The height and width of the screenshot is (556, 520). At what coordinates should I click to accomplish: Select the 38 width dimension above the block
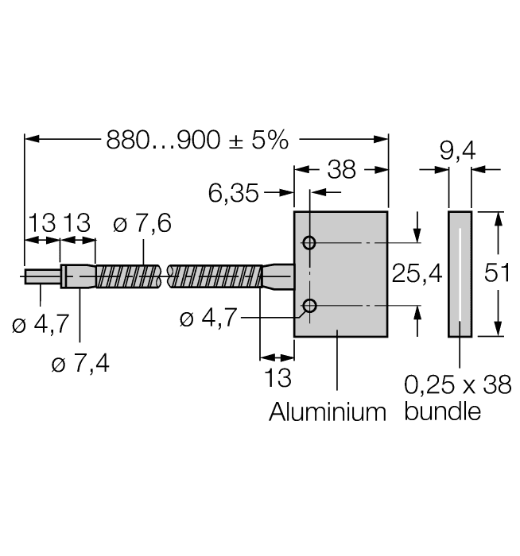(341, 169)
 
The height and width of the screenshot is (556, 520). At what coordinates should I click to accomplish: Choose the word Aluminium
(327, 412)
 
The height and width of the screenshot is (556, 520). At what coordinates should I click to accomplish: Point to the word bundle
(443, 412)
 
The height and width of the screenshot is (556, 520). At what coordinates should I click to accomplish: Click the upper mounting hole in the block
(310, 243)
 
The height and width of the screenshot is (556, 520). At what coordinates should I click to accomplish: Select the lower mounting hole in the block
(310, 306)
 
